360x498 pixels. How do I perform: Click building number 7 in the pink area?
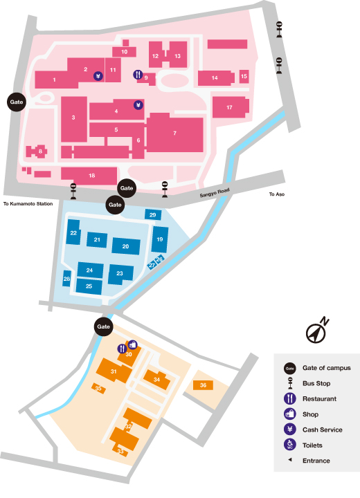[175, 133]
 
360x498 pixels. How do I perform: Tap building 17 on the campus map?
[231, 107]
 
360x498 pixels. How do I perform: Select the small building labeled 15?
[244, 76]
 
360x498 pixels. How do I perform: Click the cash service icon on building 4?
[138, 105]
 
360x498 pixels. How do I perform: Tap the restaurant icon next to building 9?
[138, 75]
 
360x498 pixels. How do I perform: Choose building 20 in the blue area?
[126, 246]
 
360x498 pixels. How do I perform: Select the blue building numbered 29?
[153, 214]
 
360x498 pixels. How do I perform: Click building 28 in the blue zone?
[66, 279]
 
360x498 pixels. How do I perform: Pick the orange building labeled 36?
[203, 385]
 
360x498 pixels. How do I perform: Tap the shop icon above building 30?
[133, 344]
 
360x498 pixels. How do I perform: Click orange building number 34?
[156, 379]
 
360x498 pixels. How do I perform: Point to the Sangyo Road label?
[215, 193]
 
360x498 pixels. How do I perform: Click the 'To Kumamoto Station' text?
[28, 204]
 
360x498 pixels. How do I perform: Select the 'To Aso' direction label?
[277, 194]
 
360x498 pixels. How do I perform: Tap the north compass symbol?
[317, 331]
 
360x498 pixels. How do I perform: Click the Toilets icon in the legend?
[290, 445]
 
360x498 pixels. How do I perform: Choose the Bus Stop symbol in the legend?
[290, 383]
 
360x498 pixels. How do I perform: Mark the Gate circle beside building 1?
[17, 102]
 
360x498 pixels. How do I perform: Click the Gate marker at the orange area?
[104, 326]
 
